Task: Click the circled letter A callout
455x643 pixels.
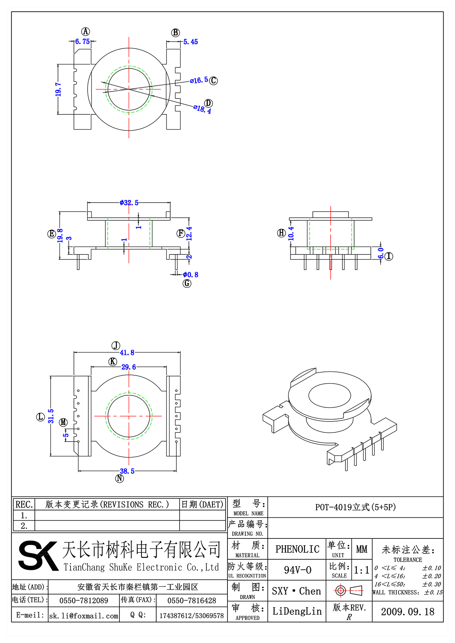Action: pos(86,31)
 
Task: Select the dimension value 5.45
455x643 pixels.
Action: pos(191,42)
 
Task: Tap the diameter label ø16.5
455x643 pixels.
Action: pos(199,80)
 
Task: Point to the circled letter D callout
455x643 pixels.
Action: pos(208,103)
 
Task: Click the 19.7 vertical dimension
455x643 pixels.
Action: pos(58,89)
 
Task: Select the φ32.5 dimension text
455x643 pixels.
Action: pos(129,203)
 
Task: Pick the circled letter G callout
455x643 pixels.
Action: pos(187,283)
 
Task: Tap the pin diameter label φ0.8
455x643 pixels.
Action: pos(190,275)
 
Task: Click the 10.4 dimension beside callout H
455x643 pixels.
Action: pos(291,234)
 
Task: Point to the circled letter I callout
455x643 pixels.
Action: pos(389,256)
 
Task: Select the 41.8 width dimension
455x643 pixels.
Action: pos(127,353)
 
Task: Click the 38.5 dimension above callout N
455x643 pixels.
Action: pos(127,471)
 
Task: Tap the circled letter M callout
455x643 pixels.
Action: pos(63,422)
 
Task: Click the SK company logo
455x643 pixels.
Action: pos(38,556)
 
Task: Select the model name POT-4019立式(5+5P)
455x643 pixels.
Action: pos(355,507)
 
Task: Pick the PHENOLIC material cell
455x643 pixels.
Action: pos(297,549)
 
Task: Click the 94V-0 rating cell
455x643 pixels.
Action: pos(297,570)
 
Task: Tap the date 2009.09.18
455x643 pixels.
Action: pos(408,612)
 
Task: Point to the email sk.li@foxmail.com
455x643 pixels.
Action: pos(84,616)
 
